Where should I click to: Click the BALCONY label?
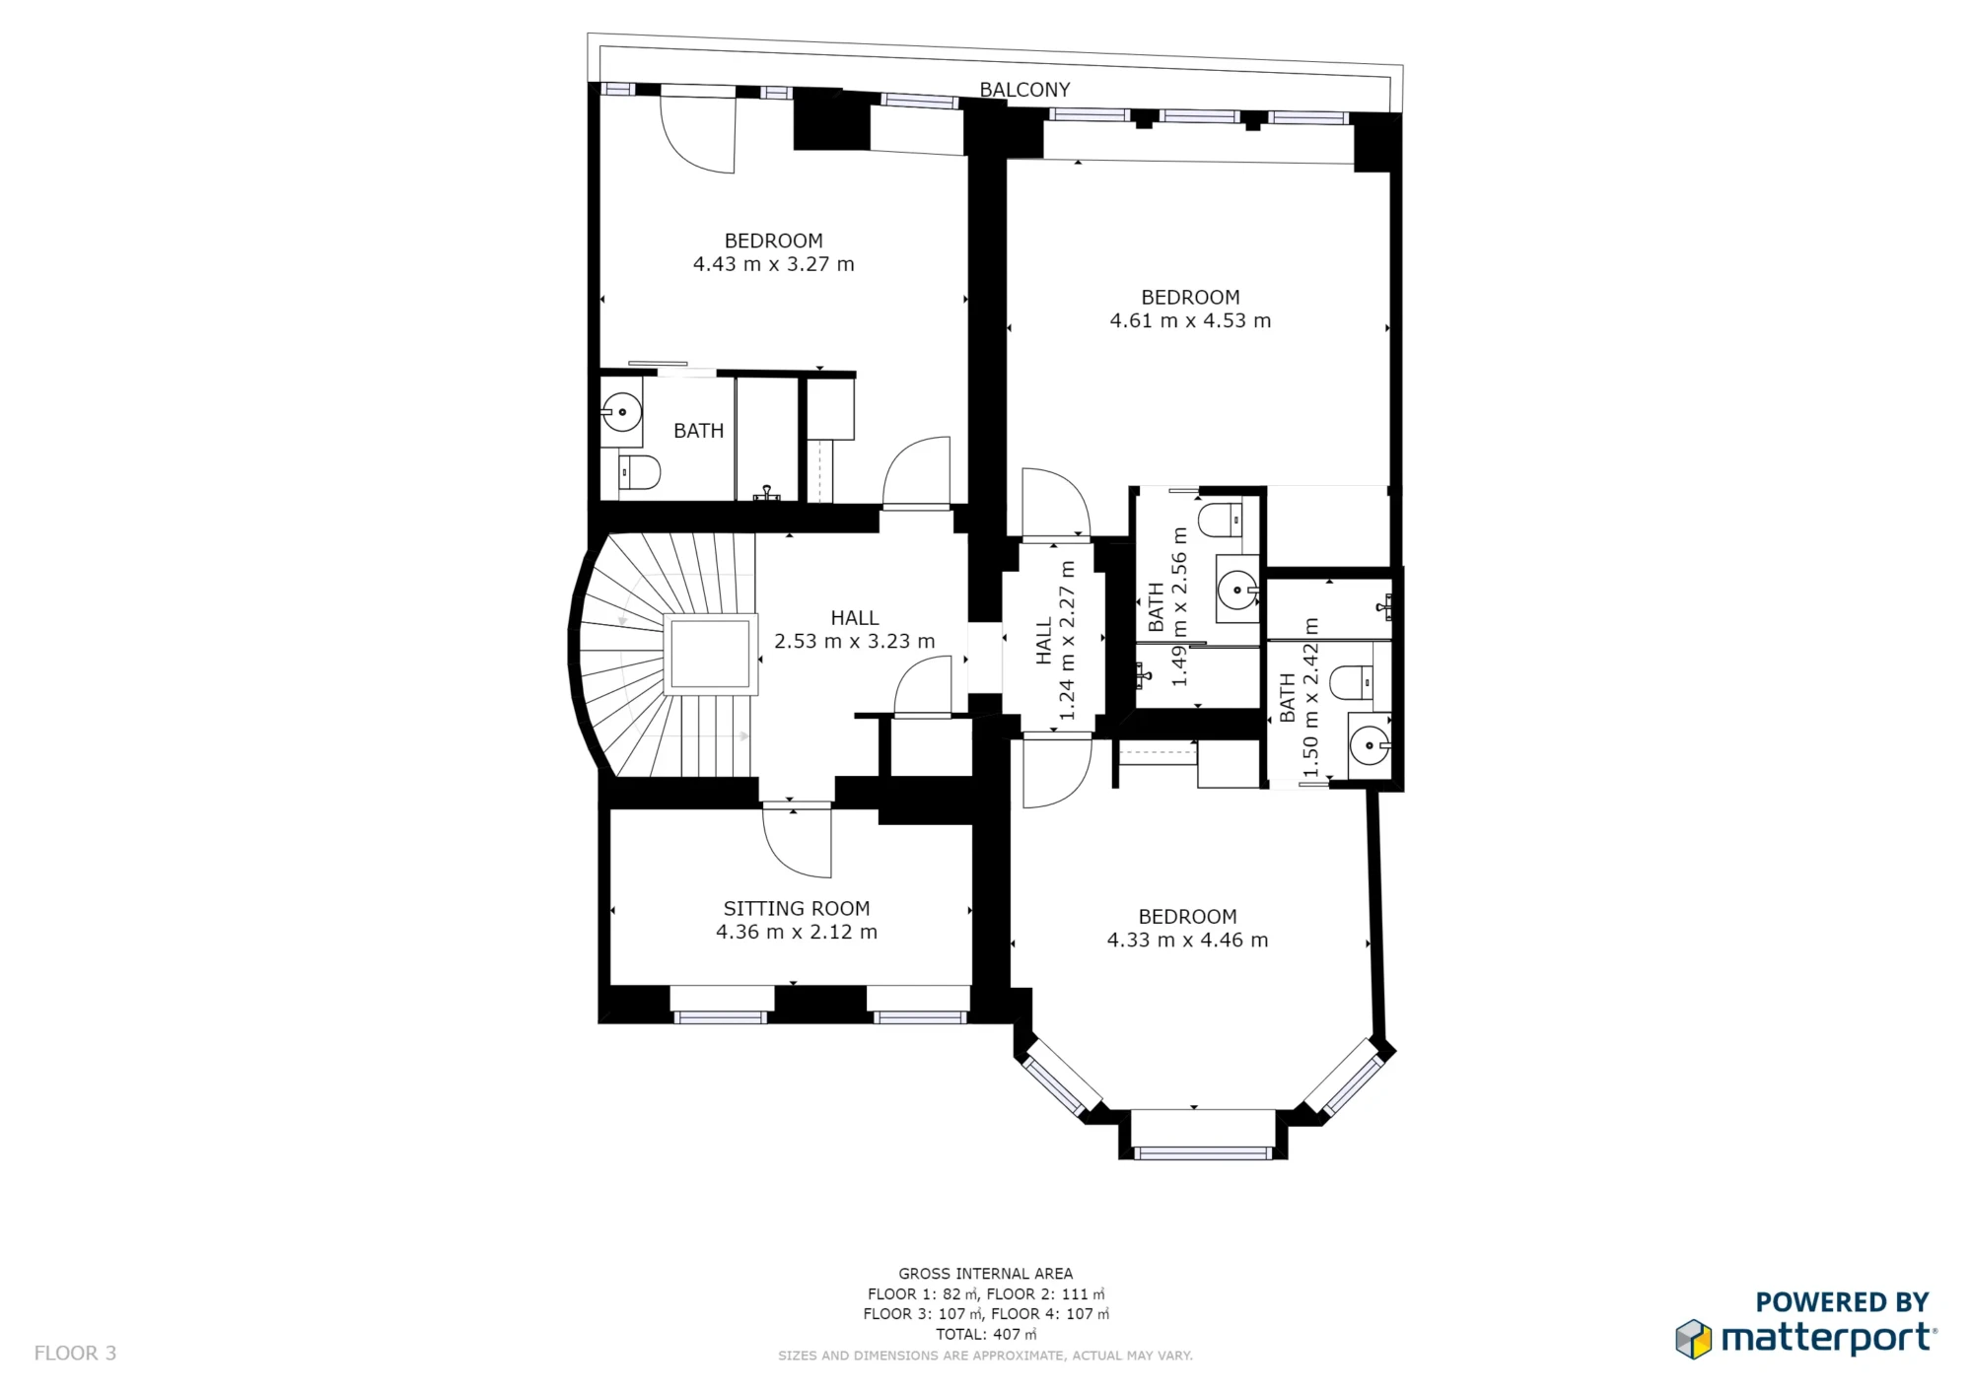tap(1024, 90)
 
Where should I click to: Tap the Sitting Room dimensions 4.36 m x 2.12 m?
tap(796, 933)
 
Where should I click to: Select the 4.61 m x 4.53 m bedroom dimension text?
tap(1190, 320)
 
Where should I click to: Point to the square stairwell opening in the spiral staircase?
tap(710, 654)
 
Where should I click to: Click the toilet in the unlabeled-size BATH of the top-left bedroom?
tap(639, 472)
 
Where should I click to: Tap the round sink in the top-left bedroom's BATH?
tap(622, 411)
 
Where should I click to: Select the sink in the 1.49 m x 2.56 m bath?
tap(1236, 591)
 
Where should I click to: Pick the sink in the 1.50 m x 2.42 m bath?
tap(1369, 745)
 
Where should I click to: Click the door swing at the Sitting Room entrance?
tap(797, 844)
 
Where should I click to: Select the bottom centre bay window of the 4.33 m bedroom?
tap(1202, 1152)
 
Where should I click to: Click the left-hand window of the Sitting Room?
tap(721, 1016)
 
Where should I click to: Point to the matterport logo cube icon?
tap(1694, 1339)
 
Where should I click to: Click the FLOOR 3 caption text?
tap(75, 1353)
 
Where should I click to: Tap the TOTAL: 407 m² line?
tap(985, 1334)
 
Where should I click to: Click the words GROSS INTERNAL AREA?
tap(985, 1274)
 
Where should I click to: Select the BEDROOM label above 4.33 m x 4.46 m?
tap(1187, 917)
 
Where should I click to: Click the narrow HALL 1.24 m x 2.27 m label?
tap(1055, 641)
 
